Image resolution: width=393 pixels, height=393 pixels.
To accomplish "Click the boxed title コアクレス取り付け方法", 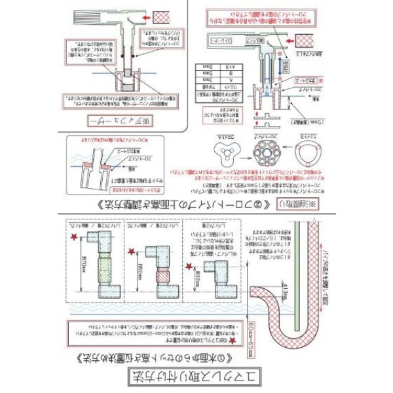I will (197, 377).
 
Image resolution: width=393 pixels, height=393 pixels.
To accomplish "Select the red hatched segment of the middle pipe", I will (157, 272).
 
